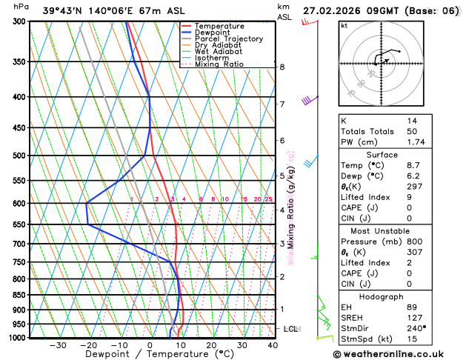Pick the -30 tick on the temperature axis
point(57,345)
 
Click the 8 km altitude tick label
point(282,67)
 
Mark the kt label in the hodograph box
point(344,25)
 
